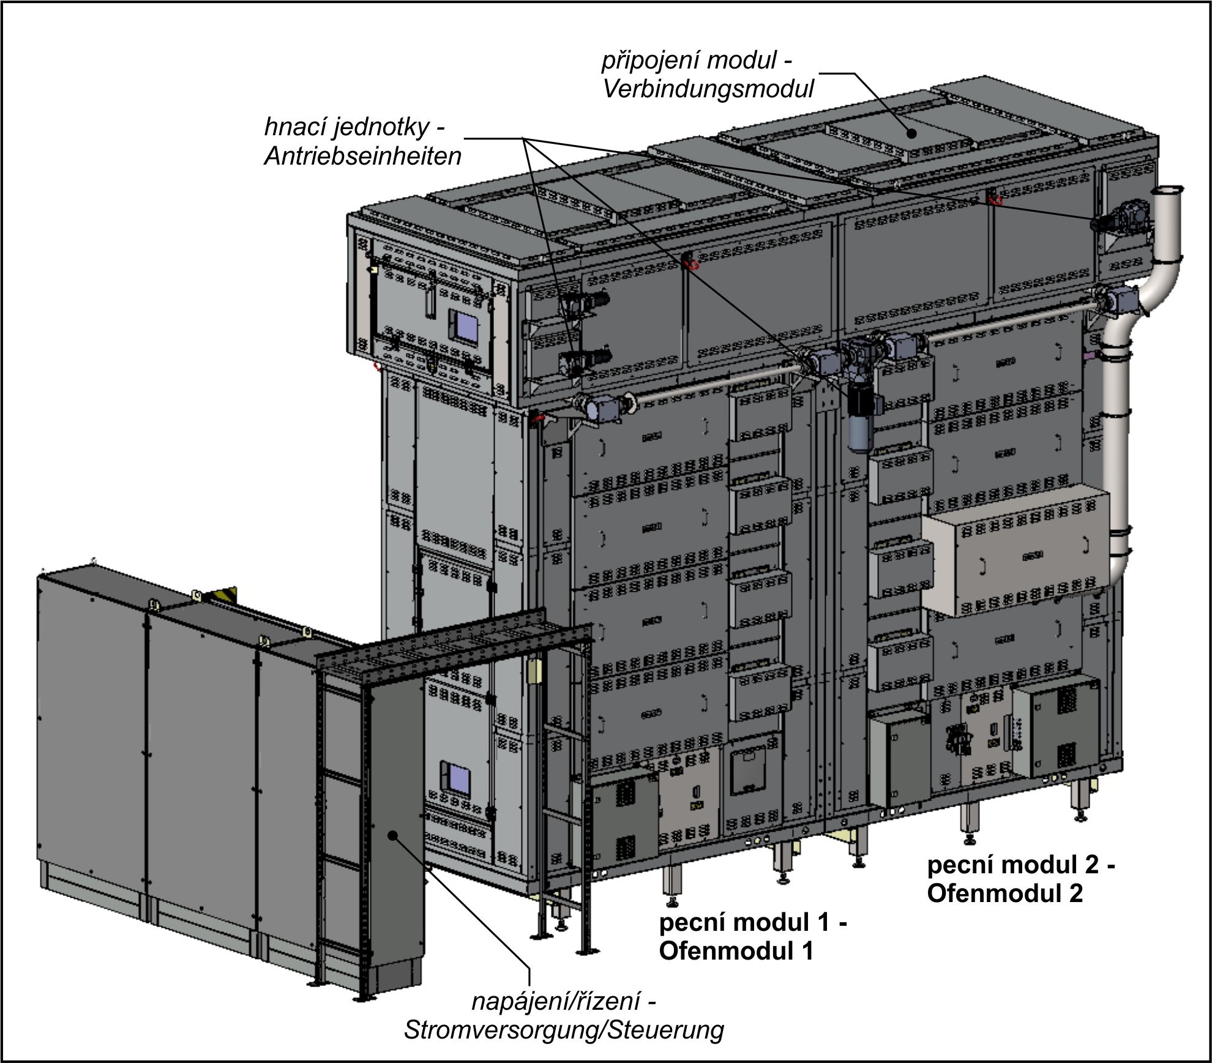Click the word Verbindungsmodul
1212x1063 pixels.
(708, 89)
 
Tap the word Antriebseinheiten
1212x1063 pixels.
(362, 157)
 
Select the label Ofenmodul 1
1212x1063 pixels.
(736, 950)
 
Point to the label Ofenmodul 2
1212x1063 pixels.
(1004, 893)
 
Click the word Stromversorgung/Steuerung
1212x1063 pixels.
(564, 1029)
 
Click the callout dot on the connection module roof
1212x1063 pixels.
(912, 133)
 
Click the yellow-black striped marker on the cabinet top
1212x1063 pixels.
(223, 595)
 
